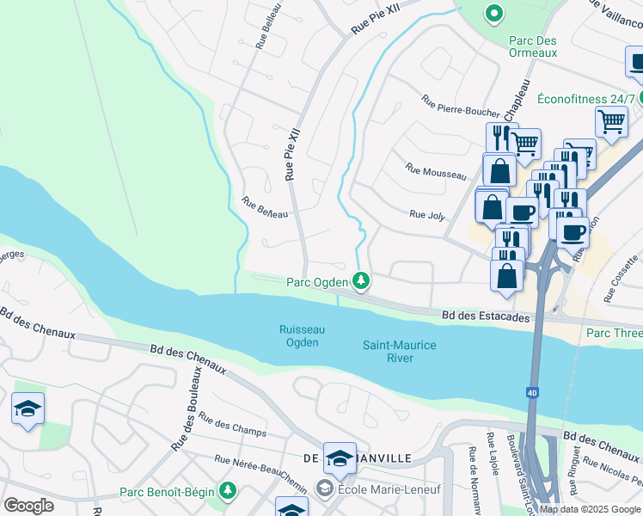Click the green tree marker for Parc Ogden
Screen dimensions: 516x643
tap(361, 281)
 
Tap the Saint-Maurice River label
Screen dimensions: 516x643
tap(399, 351)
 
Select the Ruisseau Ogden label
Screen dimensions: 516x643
tap(299, 335)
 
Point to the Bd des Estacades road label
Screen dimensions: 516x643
tap(486, 317)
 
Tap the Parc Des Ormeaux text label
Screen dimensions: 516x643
tap(533, 46)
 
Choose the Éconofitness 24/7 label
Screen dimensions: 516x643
tap(585, 99)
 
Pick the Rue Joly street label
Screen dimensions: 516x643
tap(427, 215)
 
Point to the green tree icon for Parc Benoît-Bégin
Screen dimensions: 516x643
tap(228, 490)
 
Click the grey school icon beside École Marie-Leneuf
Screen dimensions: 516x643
tap(324, 489)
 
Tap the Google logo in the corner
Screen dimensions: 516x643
tap(28, 506)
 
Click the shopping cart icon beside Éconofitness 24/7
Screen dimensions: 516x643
tap(611, 121)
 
